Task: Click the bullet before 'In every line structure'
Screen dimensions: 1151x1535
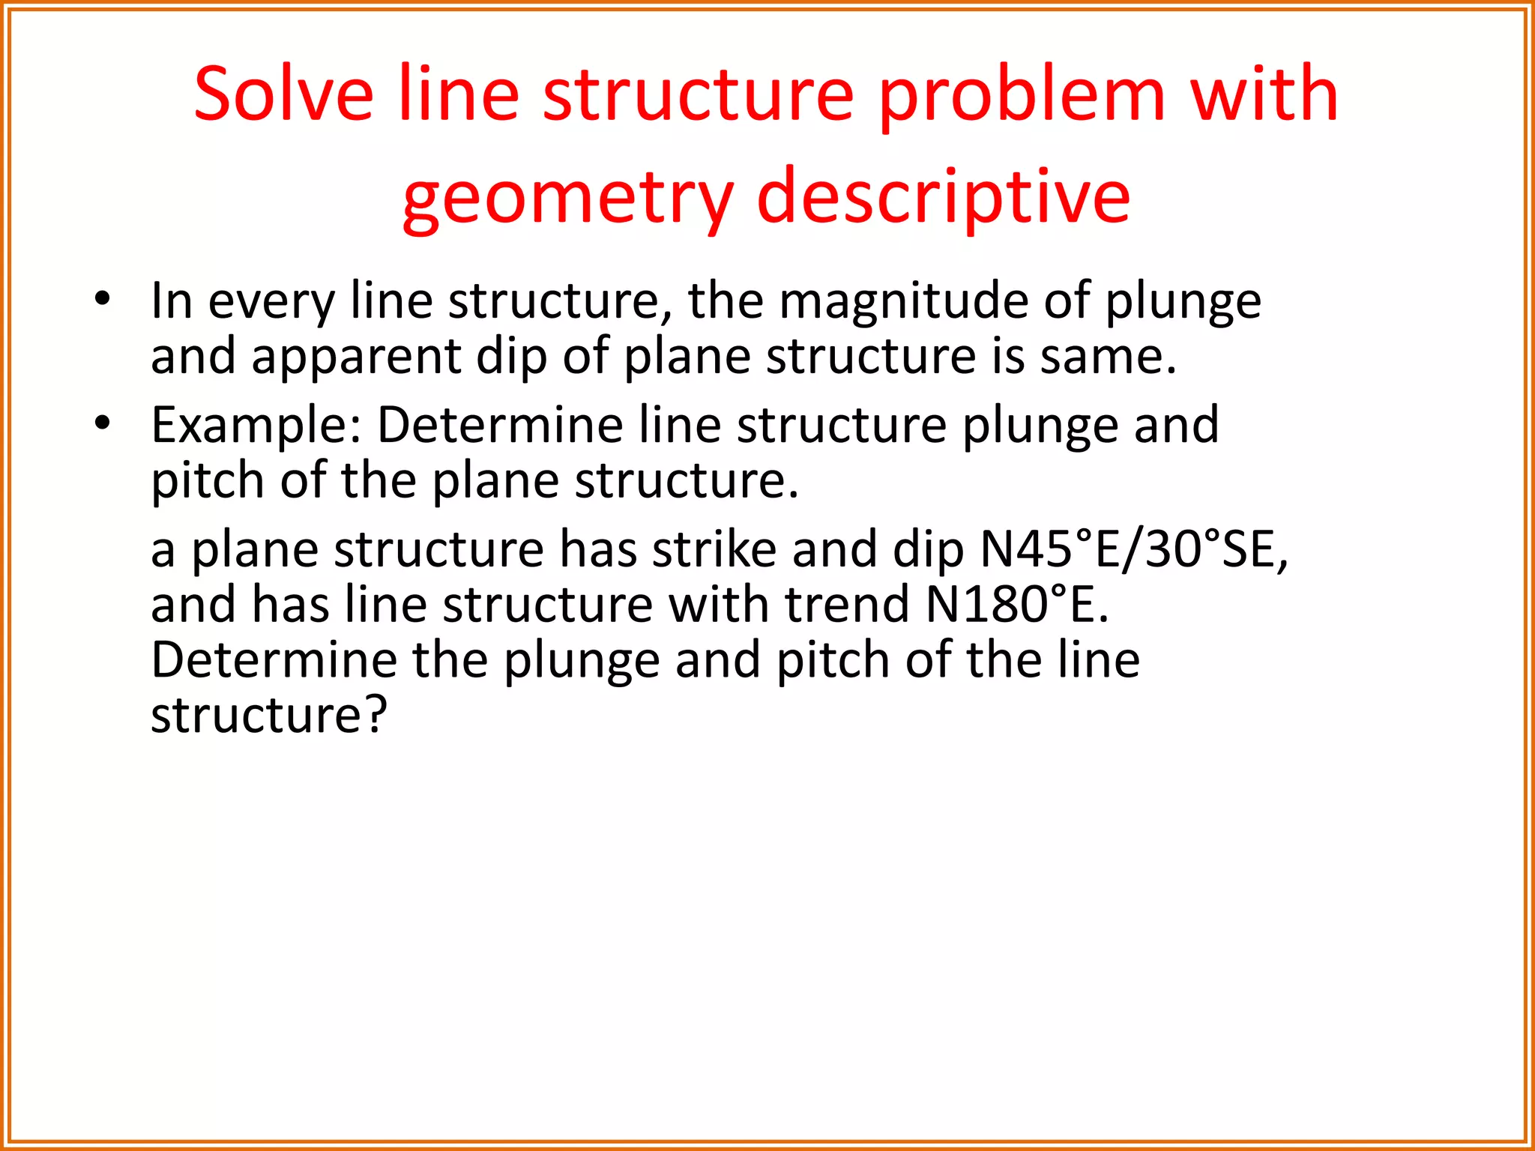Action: pos(103,300)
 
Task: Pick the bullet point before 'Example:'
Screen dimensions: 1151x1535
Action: pos(103,424)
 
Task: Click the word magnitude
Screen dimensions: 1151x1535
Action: pos(903,302)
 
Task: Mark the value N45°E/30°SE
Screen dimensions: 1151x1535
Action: pos(1134,549)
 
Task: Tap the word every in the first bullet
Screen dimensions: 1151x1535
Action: pos(271,302)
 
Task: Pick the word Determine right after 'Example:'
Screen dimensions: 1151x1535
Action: pos(500,425)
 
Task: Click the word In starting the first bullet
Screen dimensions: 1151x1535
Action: pos(172,300)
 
